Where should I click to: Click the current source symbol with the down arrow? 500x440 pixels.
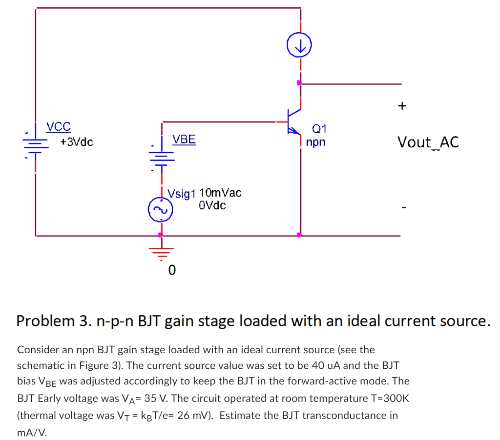point(300,46)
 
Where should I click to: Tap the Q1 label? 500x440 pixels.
point(319,129)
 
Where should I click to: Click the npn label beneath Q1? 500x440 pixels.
point(315,143)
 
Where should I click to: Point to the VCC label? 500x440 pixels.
point(59,127)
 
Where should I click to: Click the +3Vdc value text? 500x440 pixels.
point(77,142)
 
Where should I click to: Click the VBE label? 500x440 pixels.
point(184,140)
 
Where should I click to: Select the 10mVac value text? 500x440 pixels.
point(220,193)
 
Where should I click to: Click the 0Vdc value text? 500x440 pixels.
point(212,205)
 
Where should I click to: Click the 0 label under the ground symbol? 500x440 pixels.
point(171,270)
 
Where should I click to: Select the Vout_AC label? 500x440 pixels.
point(428,142)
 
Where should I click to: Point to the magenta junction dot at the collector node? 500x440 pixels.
point(299,83)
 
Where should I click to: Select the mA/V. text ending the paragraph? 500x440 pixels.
point(32,432)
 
